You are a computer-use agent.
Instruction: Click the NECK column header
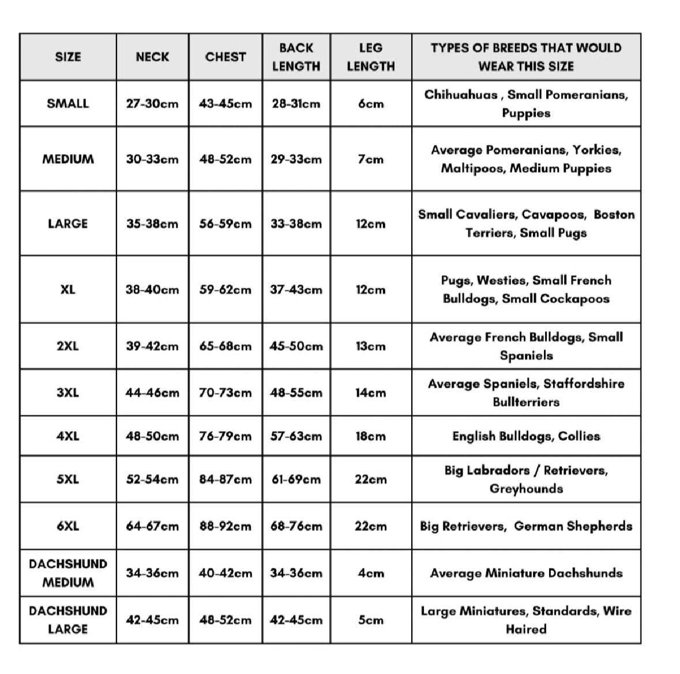152,57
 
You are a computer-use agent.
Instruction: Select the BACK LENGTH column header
296,57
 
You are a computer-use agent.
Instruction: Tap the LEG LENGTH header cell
370,57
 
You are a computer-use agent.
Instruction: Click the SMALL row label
67,103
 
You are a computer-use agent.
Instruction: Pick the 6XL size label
67,526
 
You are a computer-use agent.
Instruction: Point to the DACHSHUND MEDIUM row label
67,572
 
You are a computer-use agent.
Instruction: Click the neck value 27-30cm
152,104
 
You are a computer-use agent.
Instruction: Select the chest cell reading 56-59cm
226,223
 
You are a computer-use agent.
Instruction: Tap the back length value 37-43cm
296,289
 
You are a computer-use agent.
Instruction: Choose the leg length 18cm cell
370,436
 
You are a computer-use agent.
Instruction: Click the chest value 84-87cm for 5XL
226,479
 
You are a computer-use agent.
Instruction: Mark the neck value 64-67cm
152,526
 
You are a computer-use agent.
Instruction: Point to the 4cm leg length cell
370,573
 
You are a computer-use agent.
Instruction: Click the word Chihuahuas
461,95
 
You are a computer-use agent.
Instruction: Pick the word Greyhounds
526,489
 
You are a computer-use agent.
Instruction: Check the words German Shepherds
573,526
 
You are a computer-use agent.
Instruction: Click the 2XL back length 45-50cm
296,346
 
